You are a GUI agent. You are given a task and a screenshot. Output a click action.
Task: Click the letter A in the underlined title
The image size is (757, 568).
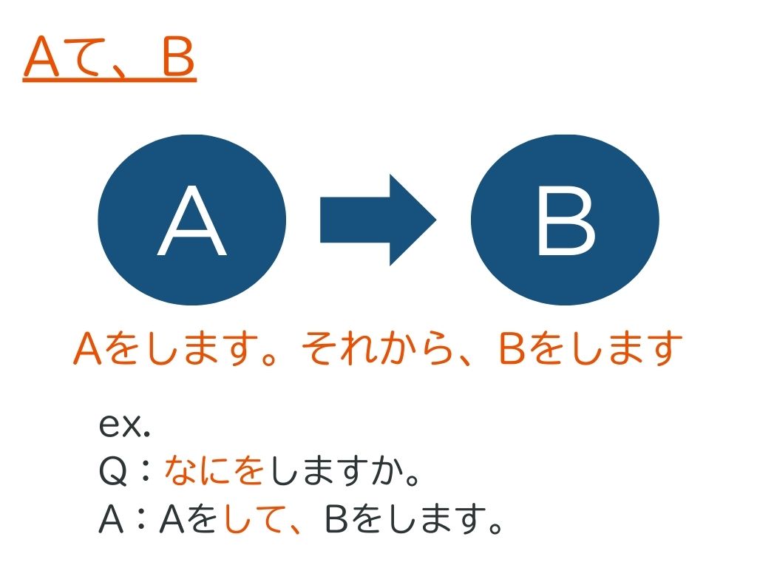tap(42, 57)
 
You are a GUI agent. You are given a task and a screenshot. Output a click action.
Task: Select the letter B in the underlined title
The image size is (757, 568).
tap(178, 57)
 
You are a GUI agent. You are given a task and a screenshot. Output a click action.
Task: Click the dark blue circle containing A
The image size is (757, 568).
tap(192, 220)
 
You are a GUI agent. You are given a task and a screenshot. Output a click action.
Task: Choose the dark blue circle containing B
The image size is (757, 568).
tap(566, 220)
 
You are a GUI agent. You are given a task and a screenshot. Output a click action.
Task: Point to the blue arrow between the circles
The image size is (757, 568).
tap(378, 220)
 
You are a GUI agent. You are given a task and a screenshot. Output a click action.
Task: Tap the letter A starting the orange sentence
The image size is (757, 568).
tap(88, 348)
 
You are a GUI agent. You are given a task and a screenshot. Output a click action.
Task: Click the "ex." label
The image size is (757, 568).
tap(124, 425)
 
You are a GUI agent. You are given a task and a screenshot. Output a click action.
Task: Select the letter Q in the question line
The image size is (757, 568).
tap(113, 471)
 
